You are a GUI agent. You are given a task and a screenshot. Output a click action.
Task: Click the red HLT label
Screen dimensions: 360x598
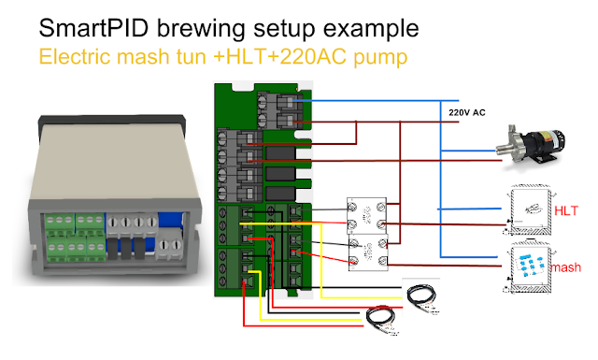566,211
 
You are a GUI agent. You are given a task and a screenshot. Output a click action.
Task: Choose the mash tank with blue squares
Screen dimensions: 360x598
530,269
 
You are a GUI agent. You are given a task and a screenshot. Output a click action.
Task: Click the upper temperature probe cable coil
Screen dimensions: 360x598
420,296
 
